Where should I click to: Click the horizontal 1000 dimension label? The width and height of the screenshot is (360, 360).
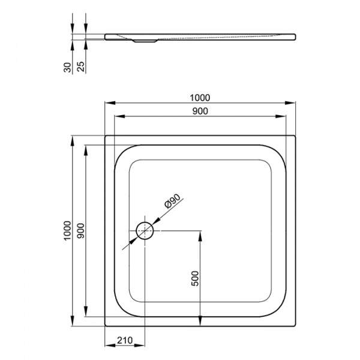click(x=200, y=98)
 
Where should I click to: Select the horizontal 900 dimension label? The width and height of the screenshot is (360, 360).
click(x=200, y=111)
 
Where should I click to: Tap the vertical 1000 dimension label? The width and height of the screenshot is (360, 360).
click(x=68, y=230)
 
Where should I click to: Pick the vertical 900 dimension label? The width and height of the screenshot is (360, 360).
click(x=81, y=230)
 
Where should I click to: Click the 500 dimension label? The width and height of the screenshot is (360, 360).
click(x=195, y=278)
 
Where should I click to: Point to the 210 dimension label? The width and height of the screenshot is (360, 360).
click(x=125, y=340)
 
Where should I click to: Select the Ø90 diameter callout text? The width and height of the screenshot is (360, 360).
click(x=172, y=201)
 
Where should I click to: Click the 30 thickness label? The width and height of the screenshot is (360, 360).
click(x=68, y=67)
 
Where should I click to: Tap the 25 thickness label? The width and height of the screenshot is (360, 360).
click(x=81, y=67)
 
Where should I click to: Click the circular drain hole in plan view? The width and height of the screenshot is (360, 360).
click(x=145, y=230)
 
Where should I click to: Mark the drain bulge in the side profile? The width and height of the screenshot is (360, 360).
click(x=145, y=41)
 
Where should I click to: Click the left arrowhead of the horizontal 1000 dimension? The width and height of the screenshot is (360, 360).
click(x=110, y=103)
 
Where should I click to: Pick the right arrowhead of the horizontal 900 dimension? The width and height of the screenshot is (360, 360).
click(x=281, y=116)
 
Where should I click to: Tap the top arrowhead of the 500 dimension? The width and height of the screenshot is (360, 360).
click(x=200, y=236)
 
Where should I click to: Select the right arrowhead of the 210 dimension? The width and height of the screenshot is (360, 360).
click(x=140, y=345)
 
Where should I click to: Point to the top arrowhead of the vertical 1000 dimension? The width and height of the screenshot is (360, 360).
click(x=73, y=141)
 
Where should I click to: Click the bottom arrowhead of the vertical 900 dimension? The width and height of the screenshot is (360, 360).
click(x=86, y=311)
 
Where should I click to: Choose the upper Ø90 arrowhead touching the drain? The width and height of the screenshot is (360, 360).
click(x=155, y=221)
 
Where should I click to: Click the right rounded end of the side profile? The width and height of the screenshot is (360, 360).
click(x=294, y=37)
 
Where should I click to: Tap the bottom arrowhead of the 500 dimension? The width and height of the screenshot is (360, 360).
click(x=200, y=320)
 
